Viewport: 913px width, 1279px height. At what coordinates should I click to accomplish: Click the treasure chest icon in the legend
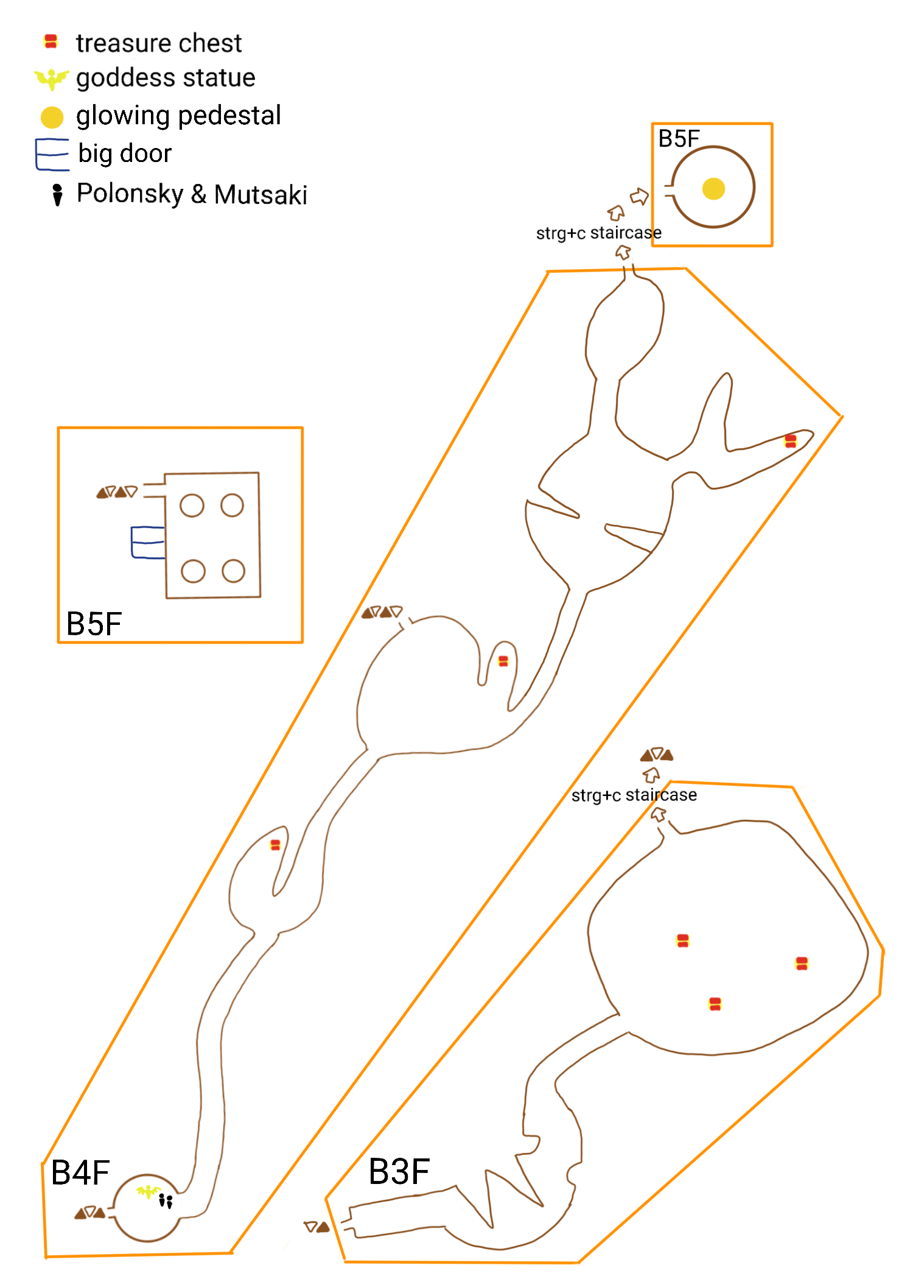pyautogui.click(x=51, y=42)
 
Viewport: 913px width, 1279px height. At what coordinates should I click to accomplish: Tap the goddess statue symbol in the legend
pyautogui.click(x=52, y=79)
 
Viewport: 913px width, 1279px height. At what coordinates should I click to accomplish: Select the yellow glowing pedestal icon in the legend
pyautogui.click(x=52, y=117)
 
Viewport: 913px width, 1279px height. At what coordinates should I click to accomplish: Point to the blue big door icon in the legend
pyautogui.click(x=52, y=155)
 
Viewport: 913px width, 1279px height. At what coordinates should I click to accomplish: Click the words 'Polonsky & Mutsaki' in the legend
pyautogui.click(x=192, y=194)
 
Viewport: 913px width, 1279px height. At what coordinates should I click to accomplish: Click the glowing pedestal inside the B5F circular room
pyautogui.click(x=713, y=189)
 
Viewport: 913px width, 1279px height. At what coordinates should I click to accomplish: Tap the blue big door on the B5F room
pyautogui.click(x=148, y=542)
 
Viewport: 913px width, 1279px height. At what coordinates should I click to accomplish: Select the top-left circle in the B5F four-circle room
pyautogui.click(x=192, y=506)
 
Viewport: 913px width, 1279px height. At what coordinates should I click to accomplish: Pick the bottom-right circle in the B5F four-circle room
pyautogui.click(x=233, y=571)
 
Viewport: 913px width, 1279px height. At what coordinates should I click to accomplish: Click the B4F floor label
pyautogui.click(x=80, y=1172)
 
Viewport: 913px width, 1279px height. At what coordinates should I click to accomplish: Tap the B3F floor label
pyautogui.click(x=399, y=1171)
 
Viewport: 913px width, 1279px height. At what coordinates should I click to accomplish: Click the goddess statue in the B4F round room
pyautogui.click(x=148, y=1191)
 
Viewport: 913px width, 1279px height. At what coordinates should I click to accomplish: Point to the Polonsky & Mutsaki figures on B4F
pyautogui.click(x=166, y=1201)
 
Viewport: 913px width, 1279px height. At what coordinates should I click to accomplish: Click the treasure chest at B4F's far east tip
pyautogui.click(x=791, y=441)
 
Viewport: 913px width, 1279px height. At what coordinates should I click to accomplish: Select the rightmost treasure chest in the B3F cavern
pyautogui.click(x=802, y=963)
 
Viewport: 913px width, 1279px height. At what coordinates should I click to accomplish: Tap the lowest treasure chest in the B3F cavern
pyautogui.click(x=715, y=1004)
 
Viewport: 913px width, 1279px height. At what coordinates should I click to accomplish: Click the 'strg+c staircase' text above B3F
pyautogui.click(x=634, y=795)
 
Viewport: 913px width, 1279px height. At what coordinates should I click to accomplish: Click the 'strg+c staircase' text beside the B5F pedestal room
pyautogui.click(x=599, y=233)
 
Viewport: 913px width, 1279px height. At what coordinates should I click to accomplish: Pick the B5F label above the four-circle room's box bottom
pyautogui.click(x=94, y=624)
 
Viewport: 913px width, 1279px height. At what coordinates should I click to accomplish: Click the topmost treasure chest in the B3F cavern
pyautogui.click(x=683, y=940)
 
